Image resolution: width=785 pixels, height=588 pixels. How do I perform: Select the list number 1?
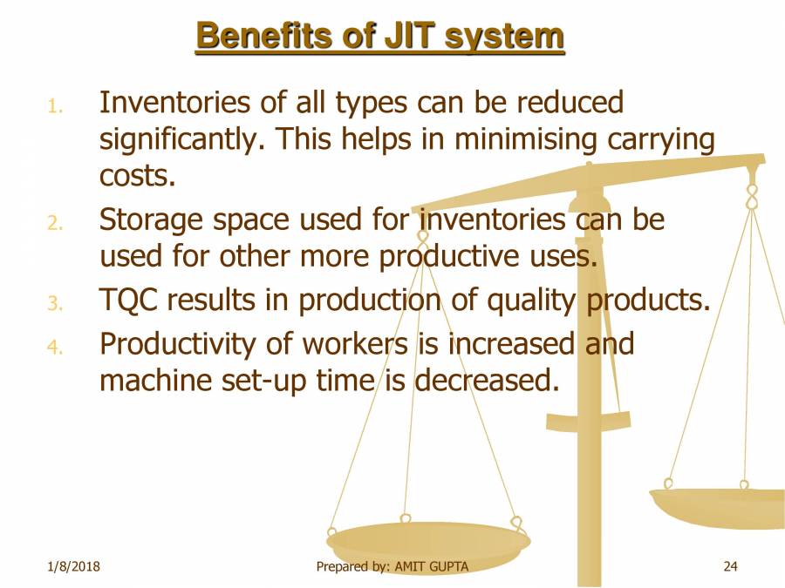pyautogui.click(x=55, y=106)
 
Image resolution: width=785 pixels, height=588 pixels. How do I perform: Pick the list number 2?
pyautogui.click(x=55, y=223)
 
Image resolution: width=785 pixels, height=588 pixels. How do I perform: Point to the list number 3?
pyautogui.click(x=55, y=303)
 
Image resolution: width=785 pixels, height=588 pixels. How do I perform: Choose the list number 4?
pyautogui.click(x=55, y=347)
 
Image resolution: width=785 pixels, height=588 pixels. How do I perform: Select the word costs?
pyautogui.click(x=137, y=176)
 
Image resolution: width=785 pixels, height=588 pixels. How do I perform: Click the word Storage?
pyautogui.click(x=152, y=220)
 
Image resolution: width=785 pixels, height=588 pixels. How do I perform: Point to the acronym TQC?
pyautogui.click(x=129, y=300)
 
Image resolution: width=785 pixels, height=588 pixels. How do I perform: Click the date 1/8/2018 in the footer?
pyautogui.click(x=73, y=566)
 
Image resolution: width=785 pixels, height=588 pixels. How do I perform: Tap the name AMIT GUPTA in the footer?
pyautogui.click(x=432, y=566)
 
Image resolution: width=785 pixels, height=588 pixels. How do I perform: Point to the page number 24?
pyautogui.click(x=730, y=566)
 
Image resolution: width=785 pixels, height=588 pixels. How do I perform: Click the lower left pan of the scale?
pyautogui.click(x=428, y=543)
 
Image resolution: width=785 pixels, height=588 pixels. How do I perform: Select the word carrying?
pyautogui.click(x=661, y=140)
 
